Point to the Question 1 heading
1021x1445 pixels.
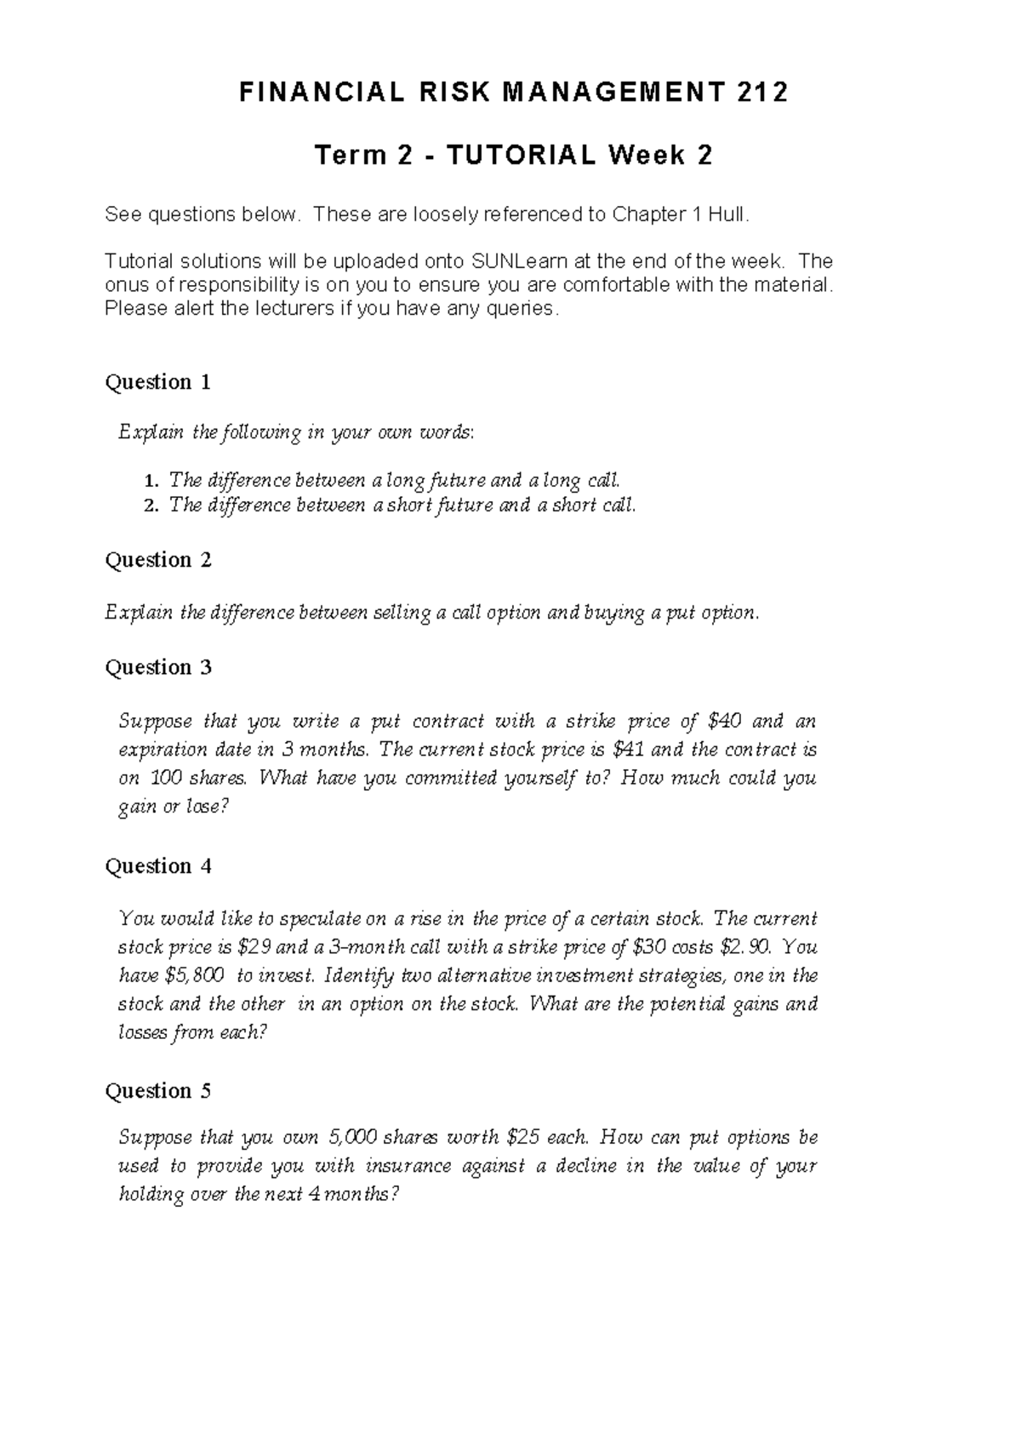click(157, 382)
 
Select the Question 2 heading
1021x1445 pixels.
click(157, 560)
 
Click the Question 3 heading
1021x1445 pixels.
click(157, 667)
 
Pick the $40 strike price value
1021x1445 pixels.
click(724, 722)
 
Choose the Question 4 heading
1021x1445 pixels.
click(157, 866)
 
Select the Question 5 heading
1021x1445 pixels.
click(157, 1091)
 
